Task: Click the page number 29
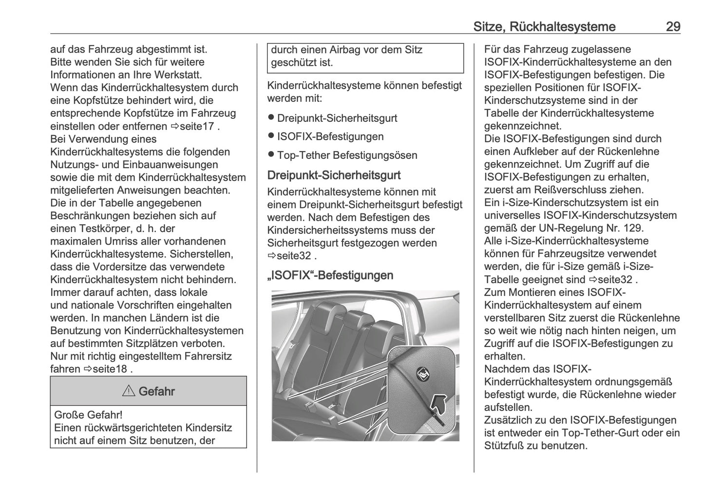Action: (673, 27)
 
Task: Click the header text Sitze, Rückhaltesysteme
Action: (544, 27)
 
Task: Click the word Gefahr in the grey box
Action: (156, 391)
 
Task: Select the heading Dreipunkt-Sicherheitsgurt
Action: (334, 175)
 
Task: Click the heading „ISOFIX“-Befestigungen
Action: (330, 275)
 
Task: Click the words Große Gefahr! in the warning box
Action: (88, 415)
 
